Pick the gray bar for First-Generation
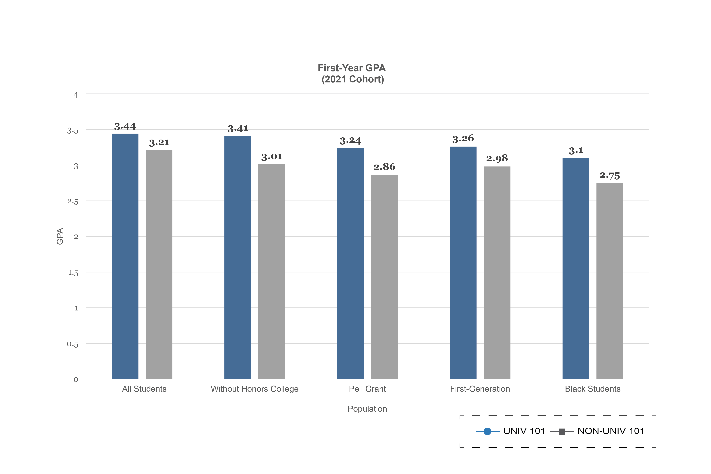coord(497,272)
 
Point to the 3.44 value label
coord(125,127)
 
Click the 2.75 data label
coord(610,176)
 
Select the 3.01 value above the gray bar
coord(272,157)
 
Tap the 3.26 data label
coord(463,139)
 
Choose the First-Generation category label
coord(480,389)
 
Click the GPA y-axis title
coord(60,236)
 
